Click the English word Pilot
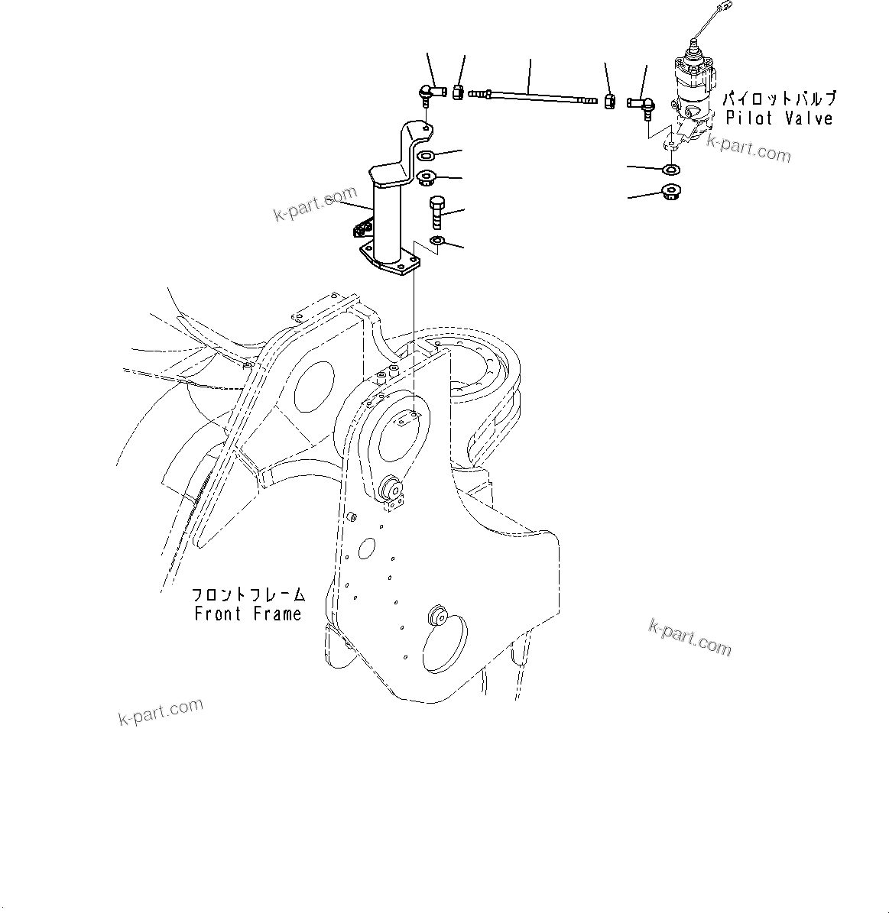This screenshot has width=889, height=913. [751, 118]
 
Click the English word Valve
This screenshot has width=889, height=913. [807, 118]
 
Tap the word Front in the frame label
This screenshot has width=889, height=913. [217, 614]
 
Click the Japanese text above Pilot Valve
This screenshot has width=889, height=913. [779, 99]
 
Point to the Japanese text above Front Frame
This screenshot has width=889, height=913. [248, 594]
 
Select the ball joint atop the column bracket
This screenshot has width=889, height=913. [432, 94]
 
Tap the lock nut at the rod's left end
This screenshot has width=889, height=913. [458, 92]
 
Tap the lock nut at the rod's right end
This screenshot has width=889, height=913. [610, 100]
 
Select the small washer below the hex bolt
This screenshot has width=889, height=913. [437, 242]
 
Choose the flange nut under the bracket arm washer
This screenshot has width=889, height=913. [426, 179]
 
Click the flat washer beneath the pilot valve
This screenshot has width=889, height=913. [671, 168]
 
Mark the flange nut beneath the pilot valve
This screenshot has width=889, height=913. [671, 191]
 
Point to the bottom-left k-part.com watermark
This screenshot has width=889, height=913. [161, 712]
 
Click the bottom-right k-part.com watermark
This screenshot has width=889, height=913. [689, 637]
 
